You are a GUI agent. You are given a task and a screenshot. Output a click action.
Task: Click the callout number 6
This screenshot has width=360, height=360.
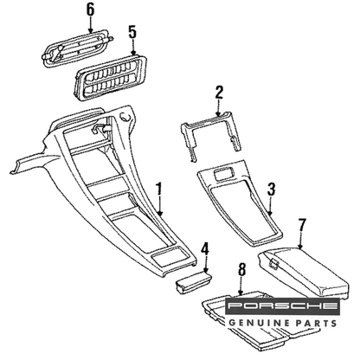(90, 10)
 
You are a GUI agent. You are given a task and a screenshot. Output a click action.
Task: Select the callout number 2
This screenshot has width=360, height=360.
(219, 93)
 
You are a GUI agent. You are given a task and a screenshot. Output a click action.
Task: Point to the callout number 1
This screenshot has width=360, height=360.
(159, 190)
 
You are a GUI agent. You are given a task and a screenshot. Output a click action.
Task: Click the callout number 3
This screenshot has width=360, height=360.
(271, 190)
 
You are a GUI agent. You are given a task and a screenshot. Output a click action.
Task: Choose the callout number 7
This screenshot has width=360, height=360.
(301, 226)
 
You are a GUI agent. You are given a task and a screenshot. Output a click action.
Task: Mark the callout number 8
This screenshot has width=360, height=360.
(241, 270)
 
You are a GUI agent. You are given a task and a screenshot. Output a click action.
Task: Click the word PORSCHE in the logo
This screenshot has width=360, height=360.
(282, 306)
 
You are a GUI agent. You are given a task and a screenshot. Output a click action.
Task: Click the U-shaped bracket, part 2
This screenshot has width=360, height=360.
(211, 136)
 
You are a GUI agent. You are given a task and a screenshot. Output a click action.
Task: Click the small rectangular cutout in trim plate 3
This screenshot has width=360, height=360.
(224, 175)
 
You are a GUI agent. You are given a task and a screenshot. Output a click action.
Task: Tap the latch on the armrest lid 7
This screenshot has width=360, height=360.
(274, 264)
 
